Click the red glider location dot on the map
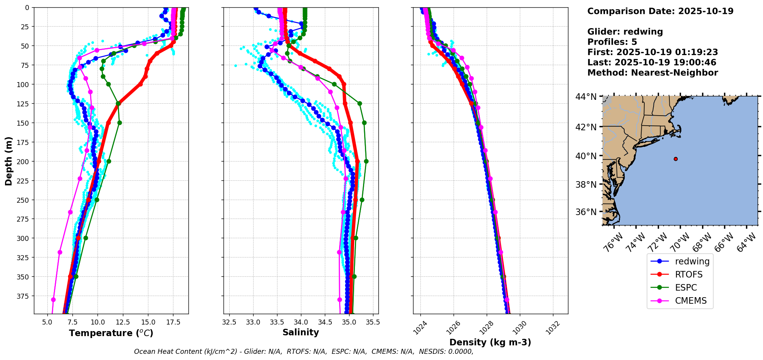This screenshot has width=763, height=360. point(676,159)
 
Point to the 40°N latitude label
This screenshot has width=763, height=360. point(586,156)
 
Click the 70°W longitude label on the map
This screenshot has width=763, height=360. point(681,243)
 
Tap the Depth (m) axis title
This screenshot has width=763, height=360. point(8,161)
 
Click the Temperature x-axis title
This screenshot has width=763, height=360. point(111,333)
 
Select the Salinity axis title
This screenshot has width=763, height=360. point(301,332)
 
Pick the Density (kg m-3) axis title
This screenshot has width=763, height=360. point(490,342)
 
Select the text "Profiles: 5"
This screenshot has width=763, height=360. point(612,42)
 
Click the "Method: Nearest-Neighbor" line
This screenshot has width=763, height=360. point(652,73)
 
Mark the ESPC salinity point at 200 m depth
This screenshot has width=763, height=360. point(366,161)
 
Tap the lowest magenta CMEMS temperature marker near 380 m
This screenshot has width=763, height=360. point(53,299)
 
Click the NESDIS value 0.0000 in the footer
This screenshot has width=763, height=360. point(460,352)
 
